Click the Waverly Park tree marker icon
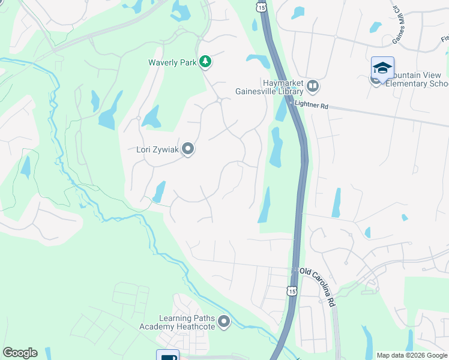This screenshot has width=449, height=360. pyautogui.click(x=205, y=62)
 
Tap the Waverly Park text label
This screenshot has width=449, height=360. pyautogui.click(x=172, y=62)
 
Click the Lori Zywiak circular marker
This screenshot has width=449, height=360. pyautogui.click(x=188, y=149)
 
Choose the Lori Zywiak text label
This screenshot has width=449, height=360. pyautogui.click(x=157, y=149)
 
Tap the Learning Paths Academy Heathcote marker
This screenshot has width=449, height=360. pyautogui.click(x=224, y=322)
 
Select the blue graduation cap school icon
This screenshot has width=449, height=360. pyautogui.click(x=382, y=67)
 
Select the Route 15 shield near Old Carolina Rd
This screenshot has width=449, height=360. pyautogui.click(x=292, y=290)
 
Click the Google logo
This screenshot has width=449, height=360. pyautogui.click(x=20, y=353)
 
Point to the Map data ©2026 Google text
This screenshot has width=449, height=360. pyautogui.click(x=412, y=355)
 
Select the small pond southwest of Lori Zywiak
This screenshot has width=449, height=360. pyautogui.click(x=159, y=192)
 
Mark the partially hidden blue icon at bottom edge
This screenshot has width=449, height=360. pyautogui.click(x=167, y=355)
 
